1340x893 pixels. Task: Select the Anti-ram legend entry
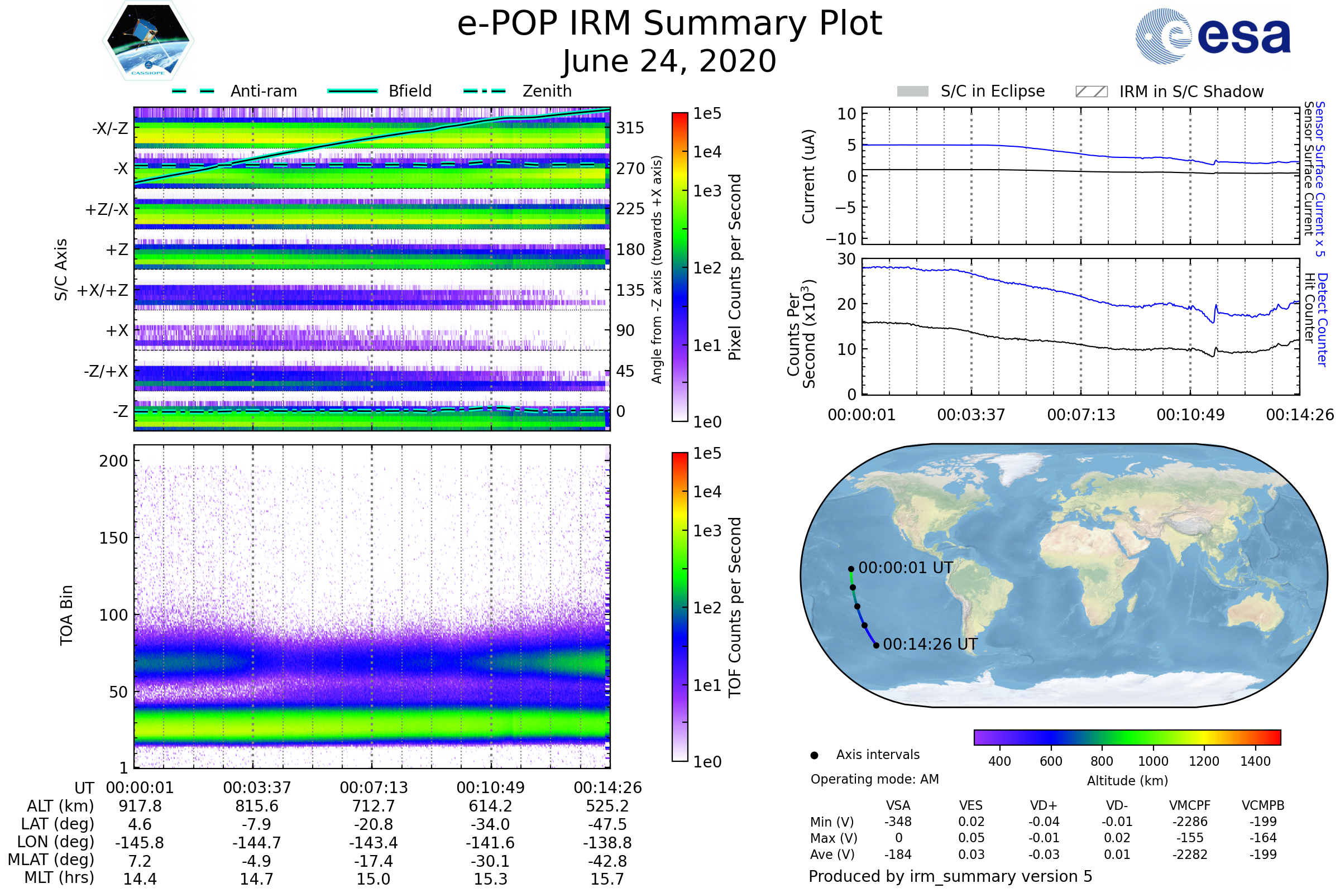[x=263, y=91]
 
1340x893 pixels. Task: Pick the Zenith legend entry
[x=547, y=91]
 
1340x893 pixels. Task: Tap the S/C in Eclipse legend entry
[x=992, y=91]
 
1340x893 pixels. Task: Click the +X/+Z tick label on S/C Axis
[x=103, y=290]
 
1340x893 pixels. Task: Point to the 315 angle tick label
[x=630, y=128]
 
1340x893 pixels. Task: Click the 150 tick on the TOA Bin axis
[x=113, y=538]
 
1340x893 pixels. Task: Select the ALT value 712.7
[x=373, y=806]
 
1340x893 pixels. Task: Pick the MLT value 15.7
[x=607, y=878]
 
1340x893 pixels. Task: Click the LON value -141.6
[x=490, y=842]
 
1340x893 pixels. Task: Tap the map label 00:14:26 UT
[x=930, y=644]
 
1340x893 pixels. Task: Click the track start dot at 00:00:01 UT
[x=850, y=569]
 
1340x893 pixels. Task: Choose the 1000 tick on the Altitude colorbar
[x=1152, y=761]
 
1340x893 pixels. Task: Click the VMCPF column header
[x=1190, y=805]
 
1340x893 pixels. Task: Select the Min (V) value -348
[x=898, y=822]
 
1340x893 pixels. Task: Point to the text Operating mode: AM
[x=874, y=779]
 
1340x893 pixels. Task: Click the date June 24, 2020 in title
[x=669, y=61]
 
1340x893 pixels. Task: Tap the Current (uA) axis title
[x=808, y=176]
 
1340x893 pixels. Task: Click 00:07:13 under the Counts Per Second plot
[x=1081, y=415]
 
